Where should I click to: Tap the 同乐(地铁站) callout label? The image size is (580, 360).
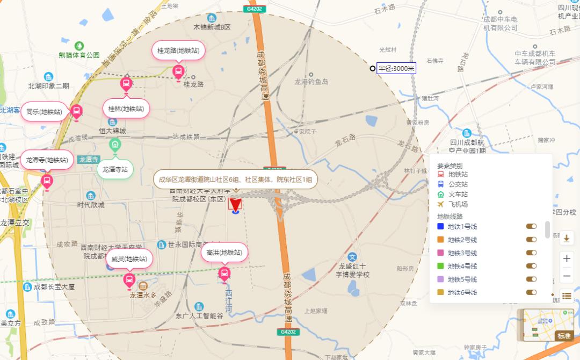pos(44,112)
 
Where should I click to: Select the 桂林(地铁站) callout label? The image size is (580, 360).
pos(126,109)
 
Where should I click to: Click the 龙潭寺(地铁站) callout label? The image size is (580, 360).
pos(47,160)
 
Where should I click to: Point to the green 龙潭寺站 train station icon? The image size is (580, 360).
pos(114,144)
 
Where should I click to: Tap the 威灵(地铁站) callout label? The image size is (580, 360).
pos(129,258)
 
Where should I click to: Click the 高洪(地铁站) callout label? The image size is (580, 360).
pos(224,253)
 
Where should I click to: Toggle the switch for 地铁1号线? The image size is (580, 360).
pos(531,226)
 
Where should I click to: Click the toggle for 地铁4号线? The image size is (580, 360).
pos(531,266)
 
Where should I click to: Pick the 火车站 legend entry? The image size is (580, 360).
pos(458,194)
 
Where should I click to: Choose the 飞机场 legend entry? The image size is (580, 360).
pos(458,204)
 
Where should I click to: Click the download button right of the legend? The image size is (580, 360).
pos(567,238)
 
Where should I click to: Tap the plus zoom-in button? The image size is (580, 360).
pos(567,258)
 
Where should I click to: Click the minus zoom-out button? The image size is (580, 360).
pos(567,276)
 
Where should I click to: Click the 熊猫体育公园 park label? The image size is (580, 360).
pos(79,55)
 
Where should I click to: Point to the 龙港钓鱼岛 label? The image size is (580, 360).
pos(311,82)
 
